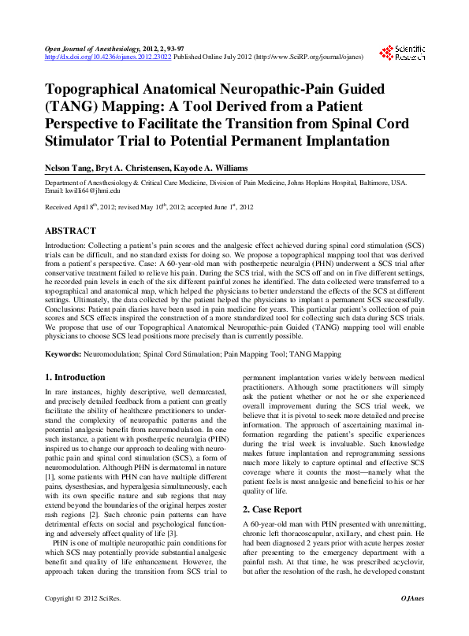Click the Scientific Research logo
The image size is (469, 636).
403,53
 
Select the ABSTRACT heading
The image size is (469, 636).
70,231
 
